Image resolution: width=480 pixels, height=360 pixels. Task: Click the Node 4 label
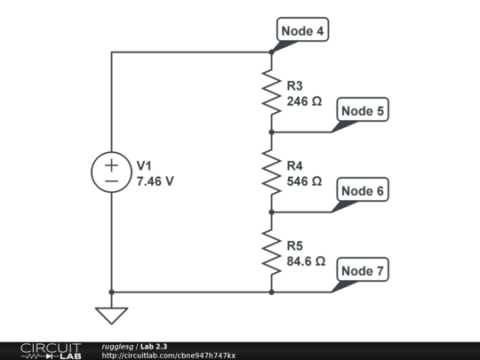[x=302, y=31]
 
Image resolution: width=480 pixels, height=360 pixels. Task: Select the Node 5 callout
[x=363, y=111]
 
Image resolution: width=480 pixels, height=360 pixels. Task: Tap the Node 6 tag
[x=363, y=191]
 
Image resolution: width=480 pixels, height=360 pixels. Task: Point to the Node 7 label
[x=363, y=270]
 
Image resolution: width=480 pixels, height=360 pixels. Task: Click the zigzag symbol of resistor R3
[x=271, y=92]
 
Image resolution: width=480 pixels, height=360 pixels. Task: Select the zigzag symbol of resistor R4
[x=271, y=172]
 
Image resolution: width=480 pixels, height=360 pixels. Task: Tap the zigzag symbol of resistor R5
[x=271, y=252]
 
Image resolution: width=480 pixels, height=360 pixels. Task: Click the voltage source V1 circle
[x=111, y=172]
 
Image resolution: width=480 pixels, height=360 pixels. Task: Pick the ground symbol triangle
[x=111, y=316]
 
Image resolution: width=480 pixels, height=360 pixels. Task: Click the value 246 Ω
[x=304, y=102]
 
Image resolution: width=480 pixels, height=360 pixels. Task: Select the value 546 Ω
[x=304, y=181]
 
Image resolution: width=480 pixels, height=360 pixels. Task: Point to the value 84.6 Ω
[x=307, y=262]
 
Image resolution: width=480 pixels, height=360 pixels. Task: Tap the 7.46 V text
[x=155, y=181]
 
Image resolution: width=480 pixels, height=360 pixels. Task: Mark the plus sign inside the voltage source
[x=111, y=164]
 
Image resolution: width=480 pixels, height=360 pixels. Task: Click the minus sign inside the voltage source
[x=111, y=180]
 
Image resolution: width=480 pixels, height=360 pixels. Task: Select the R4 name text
[x=294, y=166]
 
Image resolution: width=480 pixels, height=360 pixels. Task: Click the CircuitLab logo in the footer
[x=50, y=350]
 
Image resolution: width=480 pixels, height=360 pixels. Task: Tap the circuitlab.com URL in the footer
[x=169, y=356]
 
